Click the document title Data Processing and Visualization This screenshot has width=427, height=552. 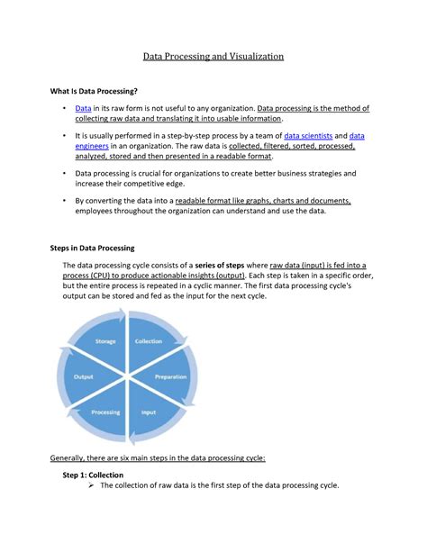click(213, 56)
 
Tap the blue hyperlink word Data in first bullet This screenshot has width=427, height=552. click(83, 108)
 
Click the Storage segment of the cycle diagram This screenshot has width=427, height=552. click(105, 342)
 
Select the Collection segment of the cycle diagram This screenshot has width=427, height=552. click(149, 342)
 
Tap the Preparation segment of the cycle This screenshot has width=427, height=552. click(170, 376)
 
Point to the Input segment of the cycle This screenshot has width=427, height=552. click(149, 412)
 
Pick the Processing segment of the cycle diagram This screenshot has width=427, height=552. click(105, 412)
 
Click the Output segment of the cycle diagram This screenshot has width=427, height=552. click(84, 376)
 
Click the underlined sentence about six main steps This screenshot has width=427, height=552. click(157, 457)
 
